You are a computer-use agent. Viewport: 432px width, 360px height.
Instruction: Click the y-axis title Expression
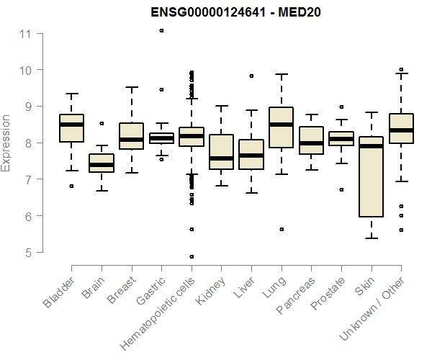(x=6, y=143)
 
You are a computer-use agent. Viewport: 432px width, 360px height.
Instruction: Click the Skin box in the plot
(x=371, y=176)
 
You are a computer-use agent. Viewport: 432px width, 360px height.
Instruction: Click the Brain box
(x=102, y=163)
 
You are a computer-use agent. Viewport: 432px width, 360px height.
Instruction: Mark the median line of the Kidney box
(x=221, y=158)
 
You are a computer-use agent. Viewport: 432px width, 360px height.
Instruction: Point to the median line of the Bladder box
(x=71, y=125)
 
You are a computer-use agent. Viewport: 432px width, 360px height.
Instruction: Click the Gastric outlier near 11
(x=161, y=30)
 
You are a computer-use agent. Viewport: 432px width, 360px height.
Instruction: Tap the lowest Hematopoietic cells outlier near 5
(x=192, y=256)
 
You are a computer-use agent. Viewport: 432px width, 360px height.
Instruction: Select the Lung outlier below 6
(x=282, y=229)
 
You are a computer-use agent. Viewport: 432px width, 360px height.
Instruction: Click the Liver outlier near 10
(x=251, y=76)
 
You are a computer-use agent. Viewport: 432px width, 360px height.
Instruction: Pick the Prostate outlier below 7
(x=341, y=189)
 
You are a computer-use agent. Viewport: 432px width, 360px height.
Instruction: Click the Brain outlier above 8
(x=102, y=123)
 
